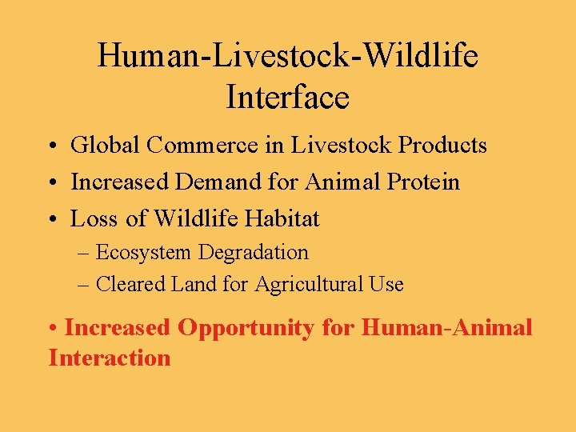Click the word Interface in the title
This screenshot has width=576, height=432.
point(287,98)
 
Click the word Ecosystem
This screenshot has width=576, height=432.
point(143,253)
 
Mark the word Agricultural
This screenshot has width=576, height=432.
point(309,284)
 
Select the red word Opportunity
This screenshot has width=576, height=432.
point(246,328)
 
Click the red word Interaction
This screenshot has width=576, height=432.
point(110,358)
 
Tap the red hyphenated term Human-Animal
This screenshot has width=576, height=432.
point(446,328)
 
